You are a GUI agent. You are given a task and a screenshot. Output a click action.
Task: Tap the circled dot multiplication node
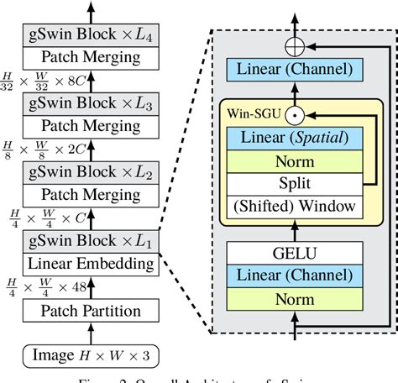point(293,113)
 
